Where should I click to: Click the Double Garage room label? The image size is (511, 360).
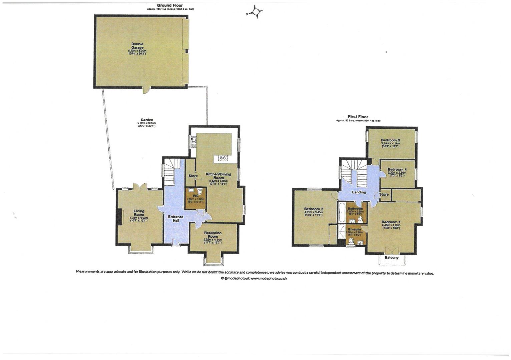point(137,46)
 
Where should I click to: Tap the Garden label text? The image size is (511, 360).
point(147,120)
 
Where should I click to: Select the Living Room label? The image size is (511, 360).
point(139,213)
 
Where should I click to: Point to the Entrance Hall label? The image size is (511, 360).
point(175,219)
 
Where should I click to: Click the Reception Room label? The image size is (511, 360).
point(213,235)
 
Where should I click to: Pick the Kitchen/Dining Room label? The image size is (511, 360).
point(218,176)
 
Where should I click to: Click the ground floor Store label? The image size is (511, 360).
point(193,176)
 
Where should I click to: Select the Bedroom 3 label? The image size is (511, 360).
point(390,140)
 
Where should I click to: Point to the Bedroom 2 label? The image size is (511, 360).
point(314,209)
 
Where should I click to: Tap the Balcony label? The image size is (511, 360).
point(392,258)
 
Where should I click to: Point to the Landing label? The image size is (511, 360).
point(359,192)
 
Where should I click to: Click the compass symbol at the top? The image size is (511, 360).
point(255,12)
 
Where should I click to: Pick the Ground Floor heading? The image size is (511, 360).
point(170,5)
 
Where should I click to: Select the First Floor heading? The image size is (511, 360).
point(358,117)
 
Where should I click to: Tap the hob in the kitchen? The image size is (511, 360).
point(223,159)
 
